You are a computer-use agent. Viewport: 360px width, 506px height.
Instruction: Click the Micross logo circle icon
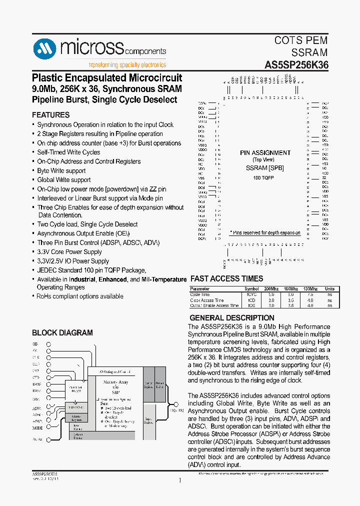click(45, 49)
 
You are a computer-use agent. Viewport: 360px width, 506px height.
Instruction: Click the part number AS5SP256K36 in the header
click(296, 65)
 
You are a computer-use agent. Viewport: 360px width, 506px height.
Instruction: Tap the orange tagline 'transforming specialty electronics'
click(127, 65)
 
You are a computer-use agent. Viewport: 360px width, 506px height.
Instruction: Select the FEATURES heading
click(50, 115)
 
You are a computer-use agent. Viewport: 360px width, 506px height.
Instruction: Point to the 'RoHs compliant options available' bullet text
click(80, 296)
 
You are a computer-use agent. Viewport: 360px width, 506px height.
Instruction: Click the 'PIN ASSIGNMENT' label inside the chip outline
click(265, 153)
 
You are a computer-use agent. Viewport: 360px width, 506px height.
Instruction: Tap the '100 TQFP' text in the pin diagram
click(264, 178)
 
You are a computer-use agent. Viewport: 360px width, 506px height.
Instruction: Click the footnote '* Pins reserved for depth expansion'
click(265, 233)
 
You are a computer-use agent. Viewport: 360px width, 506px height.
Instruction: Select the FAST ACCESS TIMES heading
click(227, 279)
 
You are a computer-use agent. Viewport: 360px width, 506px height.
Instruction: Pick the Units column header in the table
click(329, 289)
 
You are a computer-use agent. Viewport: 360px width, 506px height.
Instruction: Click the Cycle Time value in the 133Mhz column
click(310, 294)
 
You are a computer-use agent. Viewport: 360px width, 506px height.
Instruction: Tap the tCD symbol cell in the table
click(251, 300)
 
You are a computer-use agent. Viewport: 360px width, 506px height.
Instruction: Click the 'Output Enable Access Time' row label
click(214, 305)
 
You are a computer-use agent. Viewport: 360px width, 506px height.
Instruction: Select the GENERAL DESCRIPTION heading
click(232, 318)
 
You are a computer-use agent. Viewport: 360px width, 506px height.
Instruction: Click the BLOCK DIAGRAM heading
click(62, 333)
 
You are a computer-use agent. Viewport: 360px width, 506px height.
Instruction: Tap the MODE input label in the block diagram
click(37, 428)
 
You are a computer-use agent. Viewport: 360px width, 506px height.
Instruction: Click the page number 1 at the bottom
click(179, 481)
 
